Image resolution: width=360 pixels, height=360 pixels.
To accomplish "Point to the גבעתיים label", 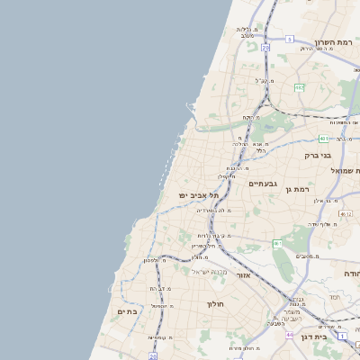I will (263, 184).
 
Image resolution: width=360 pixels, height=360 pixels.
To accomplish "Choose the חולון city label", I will (215, 303).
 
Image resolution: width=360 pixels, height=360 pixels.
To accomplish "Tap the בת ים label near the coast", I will (127, 310).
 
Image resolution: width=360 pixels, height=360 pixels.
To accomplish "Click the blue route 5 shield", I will (290, 39).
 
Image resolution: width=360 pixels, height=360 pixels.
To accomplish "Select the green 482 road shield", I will (299, 87).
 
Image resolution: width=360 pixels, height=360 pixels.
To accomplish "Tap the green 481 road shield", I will (323, 139).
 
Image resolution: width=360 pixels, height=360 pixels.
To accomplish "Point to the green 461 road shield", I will (278, 243).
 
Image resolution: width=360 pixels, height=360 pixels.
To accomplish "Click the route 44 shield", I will (290, 335).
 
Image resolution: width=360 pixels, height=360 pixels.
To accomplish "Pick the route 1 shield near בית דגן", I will (342, 336).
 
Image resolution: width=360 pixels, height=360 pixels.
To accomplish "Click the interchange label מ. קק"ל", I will (265, 81).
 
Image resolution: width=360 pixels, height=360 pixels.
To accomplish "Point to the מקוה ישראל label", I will (212, 271).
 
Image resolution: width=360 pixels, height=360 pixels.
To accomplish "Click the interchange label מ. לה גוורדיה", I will (215, 210).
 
